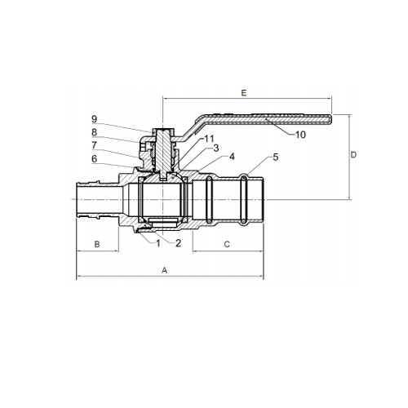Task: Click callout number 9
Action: [x=94, y=119]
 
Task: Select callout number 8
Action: [x=94, y=132]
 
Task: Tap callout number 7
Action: [x=94, y=145]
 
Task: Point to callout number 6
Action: [x=94, y=158]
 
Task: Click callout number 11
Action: [x=209, y=139]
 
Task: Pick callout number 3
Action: [x=216, y=149]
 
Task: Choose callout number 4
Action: [x=232, y=157]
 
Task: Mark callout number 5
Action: [x=276, y=157]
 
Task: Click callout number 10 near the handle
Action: [x=300, y=135]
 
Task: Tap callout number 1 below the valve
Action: [x=158, y=243]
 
